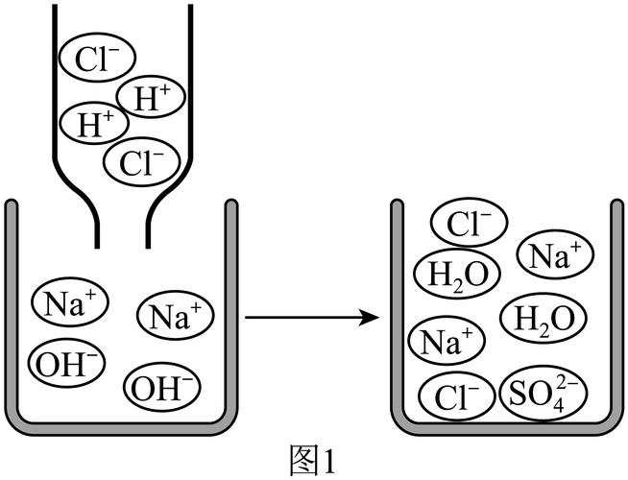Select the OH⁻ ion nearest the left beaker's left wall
(x=64, y=362)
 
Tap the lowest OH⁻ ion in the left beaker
(x=162, y=387)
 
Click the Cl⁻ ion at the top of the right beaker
(x=470, y=225)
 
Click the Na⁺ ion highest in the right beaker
(x=556, y=255)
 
